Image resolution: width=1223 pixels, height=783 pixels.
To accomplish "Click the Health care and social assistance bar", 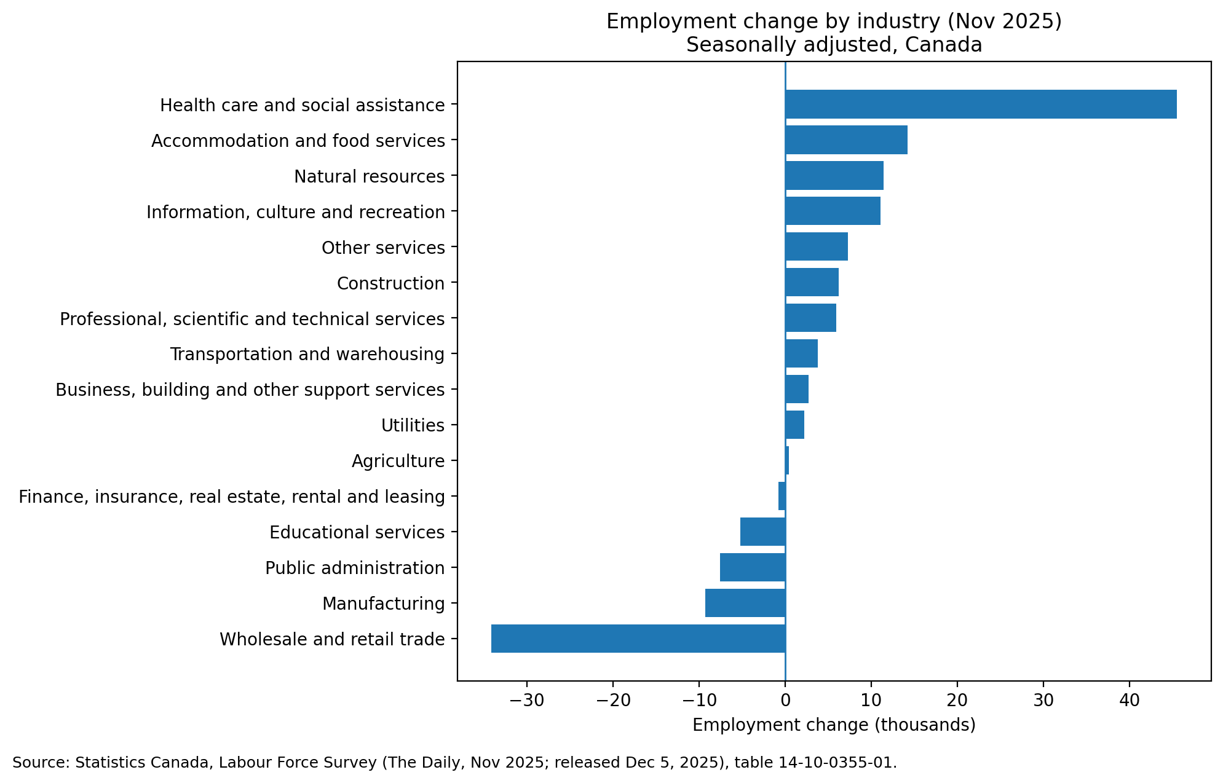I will click(980, 104).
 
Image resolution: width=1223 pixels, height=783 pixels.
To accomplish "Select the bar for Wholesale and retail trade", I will click(638, 639).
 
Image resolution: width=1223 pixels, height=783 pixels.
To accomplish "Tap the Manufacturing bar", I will click(745, 603).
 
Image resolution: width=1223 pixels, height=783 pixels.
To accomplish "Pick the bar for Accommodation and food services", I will click(845, 140).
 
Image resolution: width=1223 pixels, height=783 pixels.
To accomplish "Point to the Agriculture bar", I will click(787, 460).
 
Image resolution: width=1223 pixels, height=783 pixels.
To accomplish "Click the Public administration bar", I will click(752, 567).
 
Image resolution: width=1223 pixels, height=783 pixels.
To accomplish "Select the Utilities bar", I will click(794, 425).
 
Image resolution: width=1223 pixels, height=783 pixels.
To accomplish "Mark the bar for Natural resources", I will click(834, 176).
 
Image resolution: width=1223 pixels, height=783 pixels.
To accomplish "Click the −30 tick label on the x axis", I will click(526, 701).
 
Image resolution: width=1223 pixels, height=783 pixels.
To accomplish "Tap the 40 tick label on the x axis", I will click(1129, 701).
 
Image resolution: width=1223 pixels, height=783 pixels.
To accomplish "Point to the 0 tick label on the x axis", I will click(785, 701).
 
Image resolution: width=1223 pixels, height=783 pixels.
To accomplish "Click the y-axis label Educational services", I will click(357, 532).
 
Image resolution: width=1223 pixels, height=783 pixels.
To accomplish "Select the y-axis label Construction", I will click(390, 283).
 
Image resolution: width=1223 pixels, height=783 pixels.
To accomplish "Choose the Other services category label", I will click(382, 248).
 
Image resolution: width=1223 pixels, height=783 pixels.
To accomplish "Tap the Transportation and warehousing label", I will click(307, 355).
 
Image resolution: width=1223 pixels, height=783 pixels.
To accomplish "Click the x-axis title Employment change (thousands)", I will click(834, 725).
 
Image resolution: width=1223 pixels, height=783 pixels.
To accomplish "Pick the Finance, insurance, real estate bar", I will click(782, 496).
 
